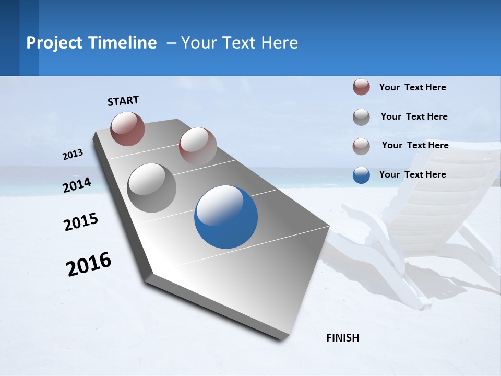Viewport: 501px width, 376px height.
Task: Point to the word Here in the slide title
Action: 280,43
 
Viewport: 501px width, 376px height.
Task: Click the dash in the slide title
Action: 171,43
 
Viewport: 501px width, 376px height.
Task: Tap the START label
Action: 123,101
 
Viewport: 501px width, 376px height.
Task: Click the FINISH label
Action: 342,338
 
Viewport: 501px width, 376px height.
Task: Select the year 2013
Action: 73,155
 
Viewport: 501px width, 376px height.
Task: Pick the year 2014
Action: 77,185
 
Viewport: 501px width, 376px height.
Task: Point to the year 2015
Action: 81,222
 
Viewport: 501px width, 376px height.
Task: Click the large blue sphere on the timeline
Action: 226,217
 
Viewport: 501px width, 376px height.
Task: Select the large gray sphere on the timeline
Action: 152,188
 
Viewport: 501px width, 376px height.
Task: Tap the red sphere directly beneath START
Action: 128,128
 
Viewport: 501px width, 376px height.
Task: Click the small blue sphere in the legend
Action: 361,175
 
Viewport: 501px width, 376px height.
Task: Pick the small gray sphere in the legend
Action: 361,117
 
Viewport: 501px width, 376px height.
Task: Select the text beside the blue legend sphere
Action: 412,174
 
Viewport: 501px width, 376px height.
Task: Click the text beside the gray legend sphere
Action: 414,116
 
